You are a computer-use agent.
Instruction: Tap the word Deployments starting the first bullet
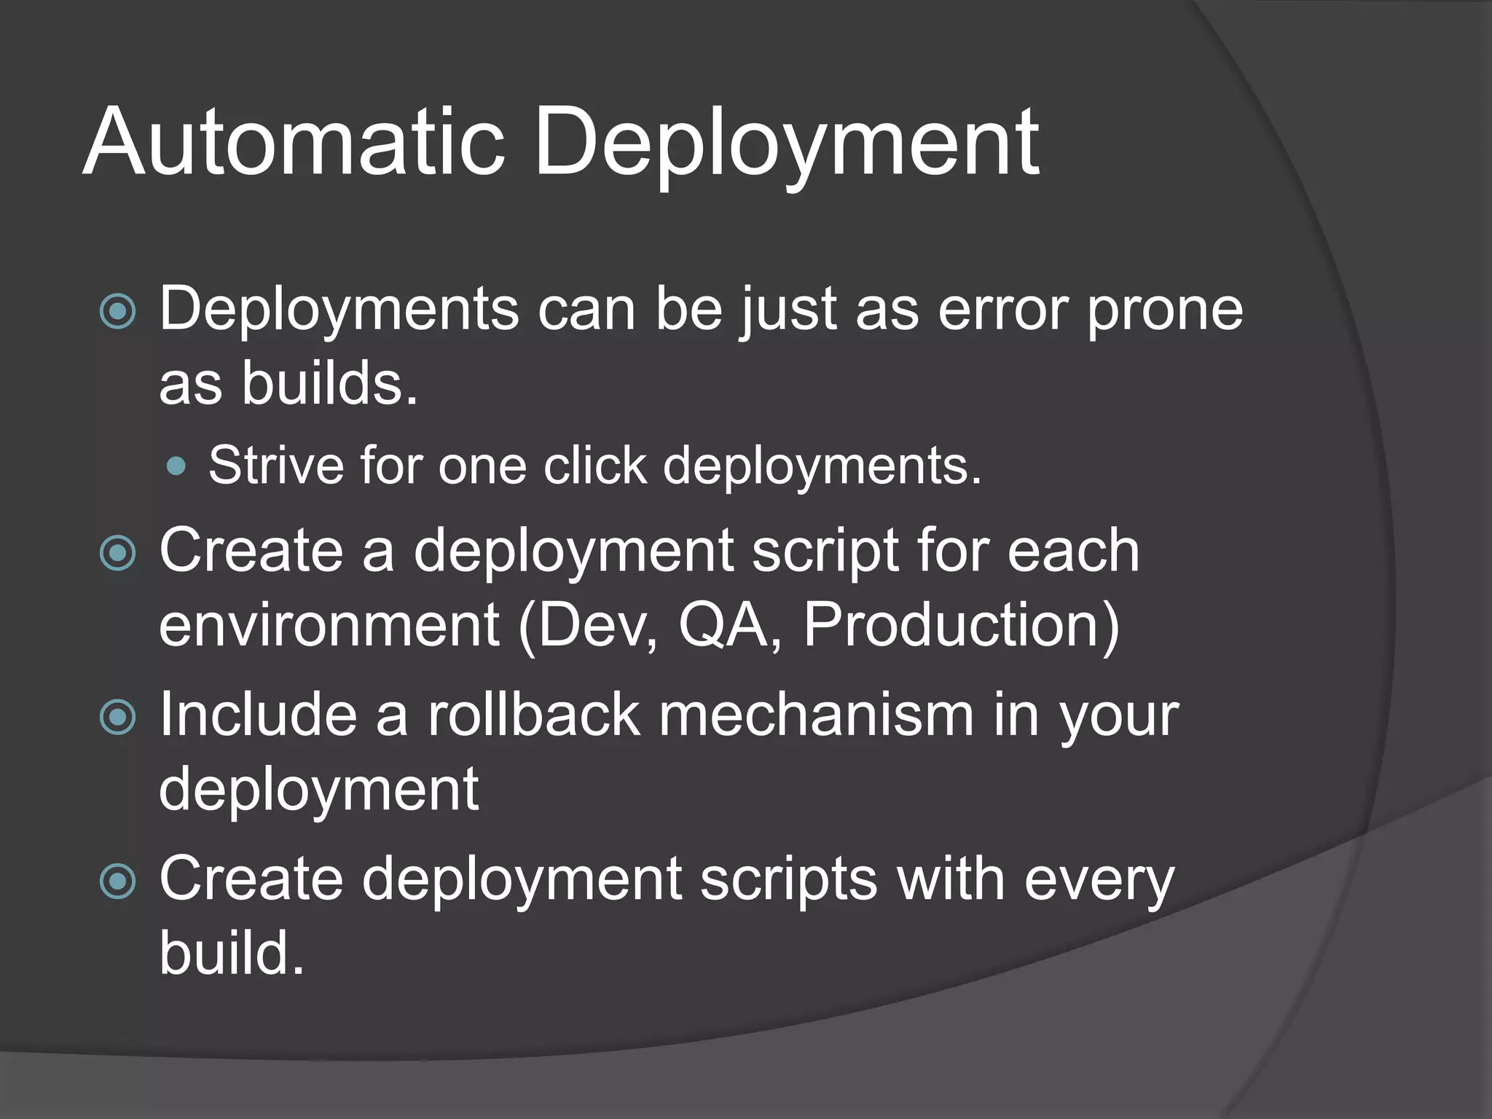tap(339, 309)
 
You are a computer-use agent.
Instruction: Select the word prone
tap(1164, 309)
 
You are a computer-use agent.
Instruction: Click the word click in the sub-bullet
tap(595, 464)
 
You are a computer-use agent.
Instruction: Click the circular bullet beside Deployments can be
tap(117, 312)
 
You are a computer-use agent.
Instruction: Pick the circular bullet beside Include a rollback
tap(117, 717)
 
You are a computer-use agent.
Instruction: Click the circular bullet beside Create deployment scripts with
tap(117, 882)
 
